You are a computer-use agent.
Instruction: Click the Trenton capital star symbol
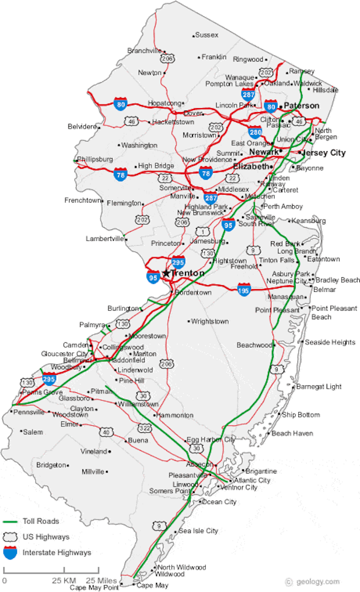(166, 273)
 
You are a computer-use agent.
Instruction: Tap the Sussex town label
(206, 35)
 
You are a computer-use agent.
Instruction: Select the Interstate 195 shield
(244, 289)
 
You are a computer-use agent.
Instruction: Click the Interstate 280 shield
(255, 132)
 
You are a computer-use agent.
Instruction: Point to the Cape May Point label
(94, 587)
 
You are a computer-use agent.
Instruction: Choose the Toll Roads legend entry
(40, 521)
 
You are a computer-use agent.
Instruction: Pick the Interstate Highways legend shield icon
(10, 552)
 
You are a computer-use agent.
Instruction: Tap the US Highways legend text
(46, 537)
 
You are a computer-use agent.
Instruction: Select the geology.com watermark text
(315, 581)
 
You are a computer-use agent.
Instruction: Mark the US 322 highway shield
(144, 428)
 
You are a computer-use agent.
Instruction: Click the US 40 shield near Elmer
(105, 432)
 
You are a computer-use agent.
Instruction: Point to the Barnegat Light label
(319, 386)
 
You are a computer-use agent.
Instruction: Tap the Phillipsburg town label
(95, 159)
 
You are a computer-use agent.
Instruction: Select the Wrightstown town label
(210, 321)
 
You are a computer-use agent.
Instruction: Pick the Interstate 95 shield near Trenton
(153, 276)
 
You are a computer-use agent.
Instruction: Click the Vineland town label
(93, 451)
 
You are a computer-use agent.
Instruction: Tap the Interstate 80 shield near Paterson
(270, 106)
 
